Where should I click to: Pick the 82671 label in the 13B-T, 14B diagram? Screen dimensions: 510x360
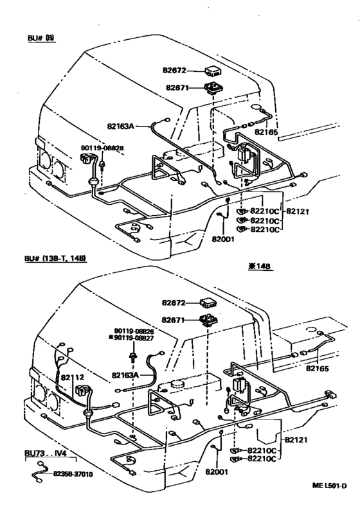[x=175, y=319]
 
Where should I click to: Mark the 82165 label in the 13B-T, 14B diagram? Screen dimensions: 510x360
[x=318, y=369]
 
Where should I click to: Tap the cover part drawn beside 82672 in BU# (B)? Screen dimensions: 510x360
[x=212, y=69]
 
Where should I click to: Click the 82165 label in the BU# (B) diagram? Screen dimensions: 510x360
[x=265, y=132]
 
